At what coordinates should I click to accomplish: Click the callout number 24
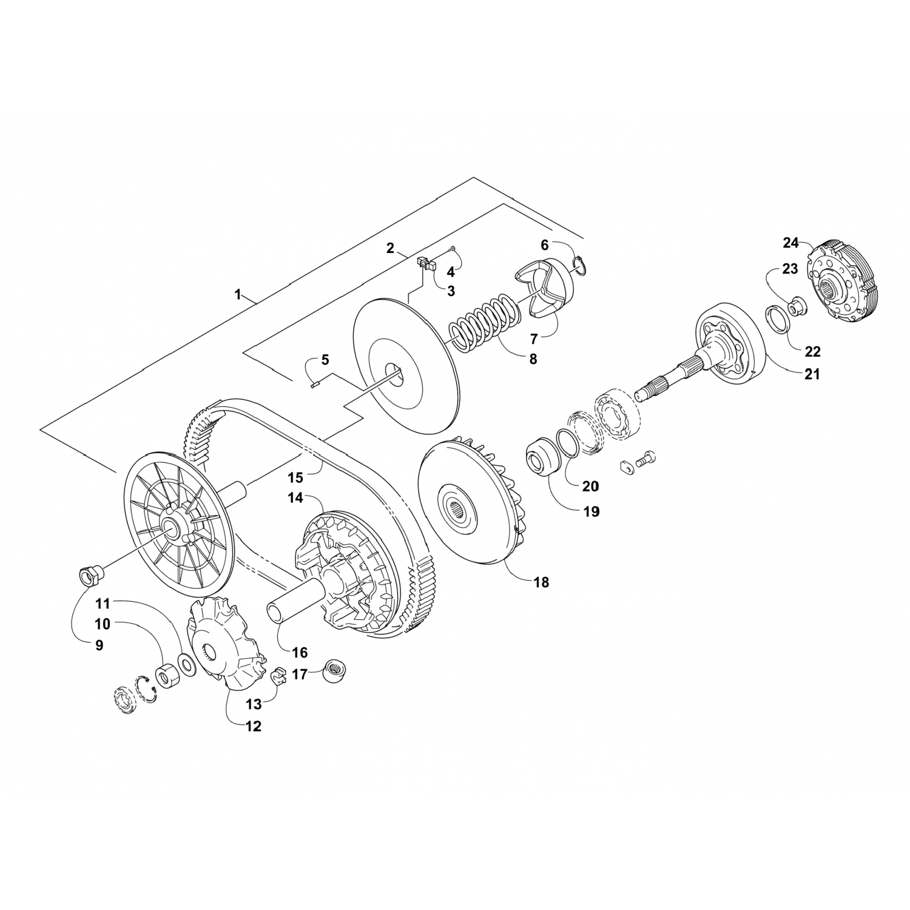point(790,243)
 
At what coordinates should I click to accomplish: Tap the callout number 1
point(238,295)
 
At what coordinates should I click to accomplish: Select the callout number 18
point(541,582)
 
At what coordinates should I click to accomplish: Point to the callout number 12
point(253,726)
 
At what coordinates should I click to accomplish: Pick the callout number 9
point(99,645)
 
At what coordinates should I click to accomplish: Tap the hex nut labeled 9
point(89,573)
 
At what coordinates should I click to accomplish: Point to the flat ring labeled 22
point(775,319)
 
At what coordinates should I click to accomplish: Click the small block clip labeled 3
point(426,263)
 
